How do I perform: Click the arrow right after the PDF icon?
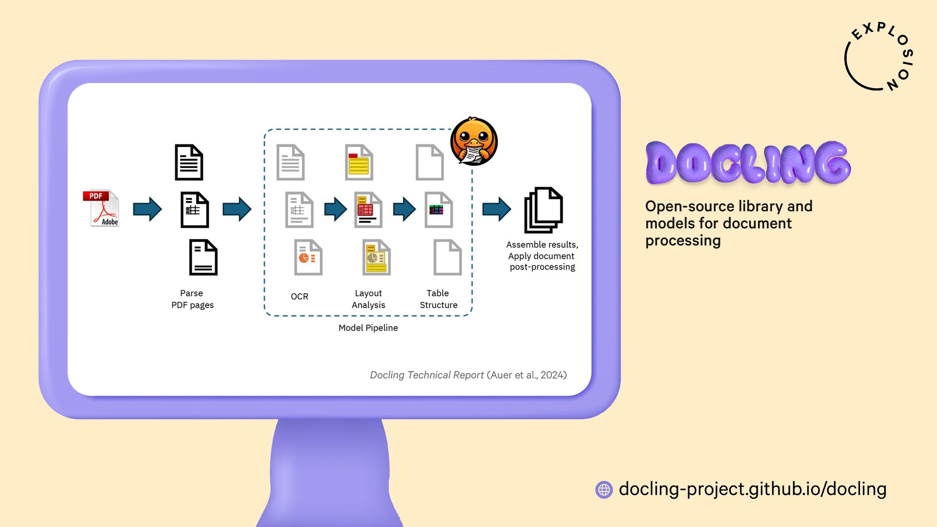click(147, 209)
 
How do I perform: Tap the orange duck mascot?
click(473, 142)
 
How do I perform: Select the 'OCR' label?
click(299, 297)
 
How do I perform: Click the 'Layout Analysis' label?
click(368, 299)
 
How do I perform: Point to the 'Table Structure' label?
click(438, 299)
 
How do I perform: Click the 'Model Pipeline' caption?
click(368, 328)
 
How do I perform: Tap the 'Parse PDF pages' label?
click(192, 299)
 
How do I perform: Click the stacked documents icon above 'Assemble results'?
click(543, 210)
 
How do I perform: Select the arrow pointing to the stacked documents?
click(496, 209)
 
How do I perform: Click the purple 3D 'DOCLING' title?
click(748, 163)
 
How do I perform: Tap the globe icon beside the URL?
click(604, 489)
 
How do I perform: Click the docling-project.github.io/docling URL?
click(753, 489)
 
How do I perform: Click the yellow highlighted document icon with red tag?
click(359, 162)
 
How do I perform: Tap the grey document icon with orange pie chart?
click(308, 257)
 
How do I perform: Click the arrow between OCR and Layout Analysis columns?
click(335, 209)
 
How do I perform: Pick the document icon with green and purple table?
click(438, 210)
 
